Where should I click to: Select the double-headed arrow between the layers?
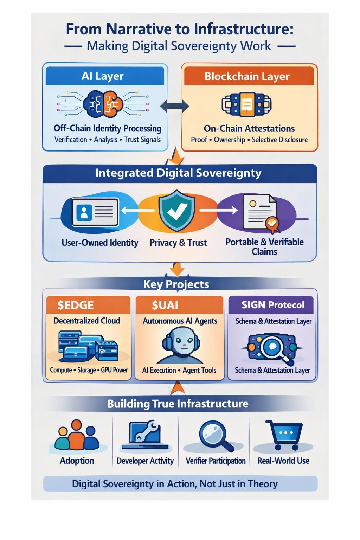(174, 106)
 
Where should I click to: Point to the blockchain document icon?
(247, 104)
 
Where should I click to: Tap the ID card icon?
(95, 212)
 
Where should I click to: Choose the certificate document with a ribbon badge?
(261, 213)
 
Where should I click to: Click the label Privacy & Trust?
(178, 243)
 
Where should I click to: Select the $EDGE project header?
(88, 305)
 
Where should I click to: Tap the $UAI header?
(179, 305)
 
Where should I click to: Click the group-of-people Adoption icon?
(77, 436)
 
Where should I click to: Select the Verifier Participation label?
(216, 461)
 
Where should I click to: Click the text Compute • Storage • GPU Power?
(89, 370)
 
